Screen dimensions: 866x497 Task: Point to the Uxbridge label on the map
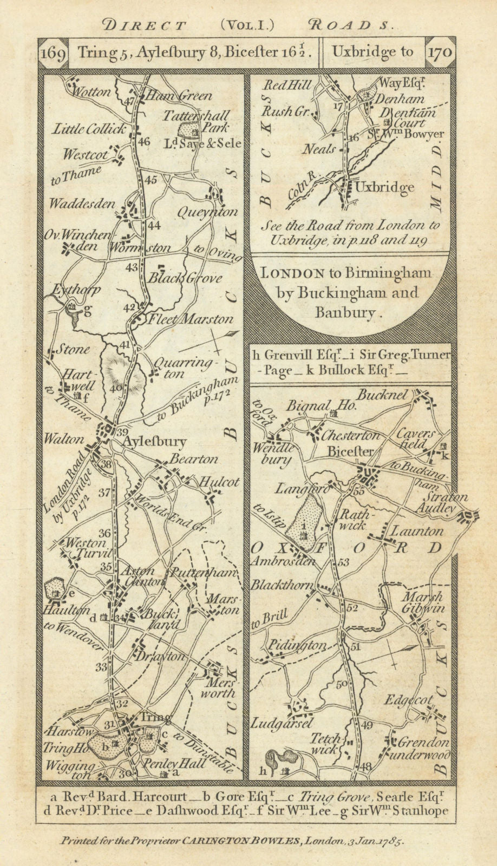point(384,188)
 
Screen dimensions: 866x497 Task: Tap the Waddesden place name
point(82,204)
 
